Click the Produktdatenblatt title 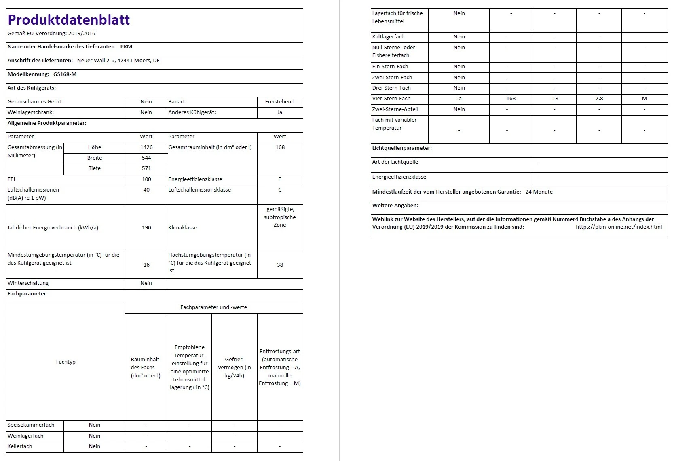(x=69, y=20)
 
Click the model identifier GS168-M (x=65, y=74)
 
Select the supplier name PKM (x=126, y=47)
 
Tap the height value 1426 (x=146, y=147)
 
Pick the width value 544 (x=146, y=158)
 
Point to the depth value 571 (x=146, y=168)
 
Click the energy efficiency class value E (x=280, y=179)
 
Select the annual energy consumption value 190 (x=146, y=228)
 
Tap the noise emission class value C (x=280, y=190)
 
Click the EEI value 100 (x=146, y=179)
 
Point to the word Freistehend (x=280, y=102)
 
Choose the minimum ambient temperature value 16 (x=146, y=265)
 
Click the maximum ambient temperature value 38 (x=280, y=265)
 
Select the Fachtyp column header (x=66, y=362)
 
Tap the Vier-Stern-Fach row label (x=391, y=99)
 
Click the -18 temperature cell (x=554, y=99)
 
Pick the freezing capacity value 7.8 (x=599, y=99)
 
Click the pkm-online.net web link (x=619, y=227)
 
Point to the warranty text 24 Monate (x=539, y=192)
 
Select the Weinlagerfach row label (x=25, y=436)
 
